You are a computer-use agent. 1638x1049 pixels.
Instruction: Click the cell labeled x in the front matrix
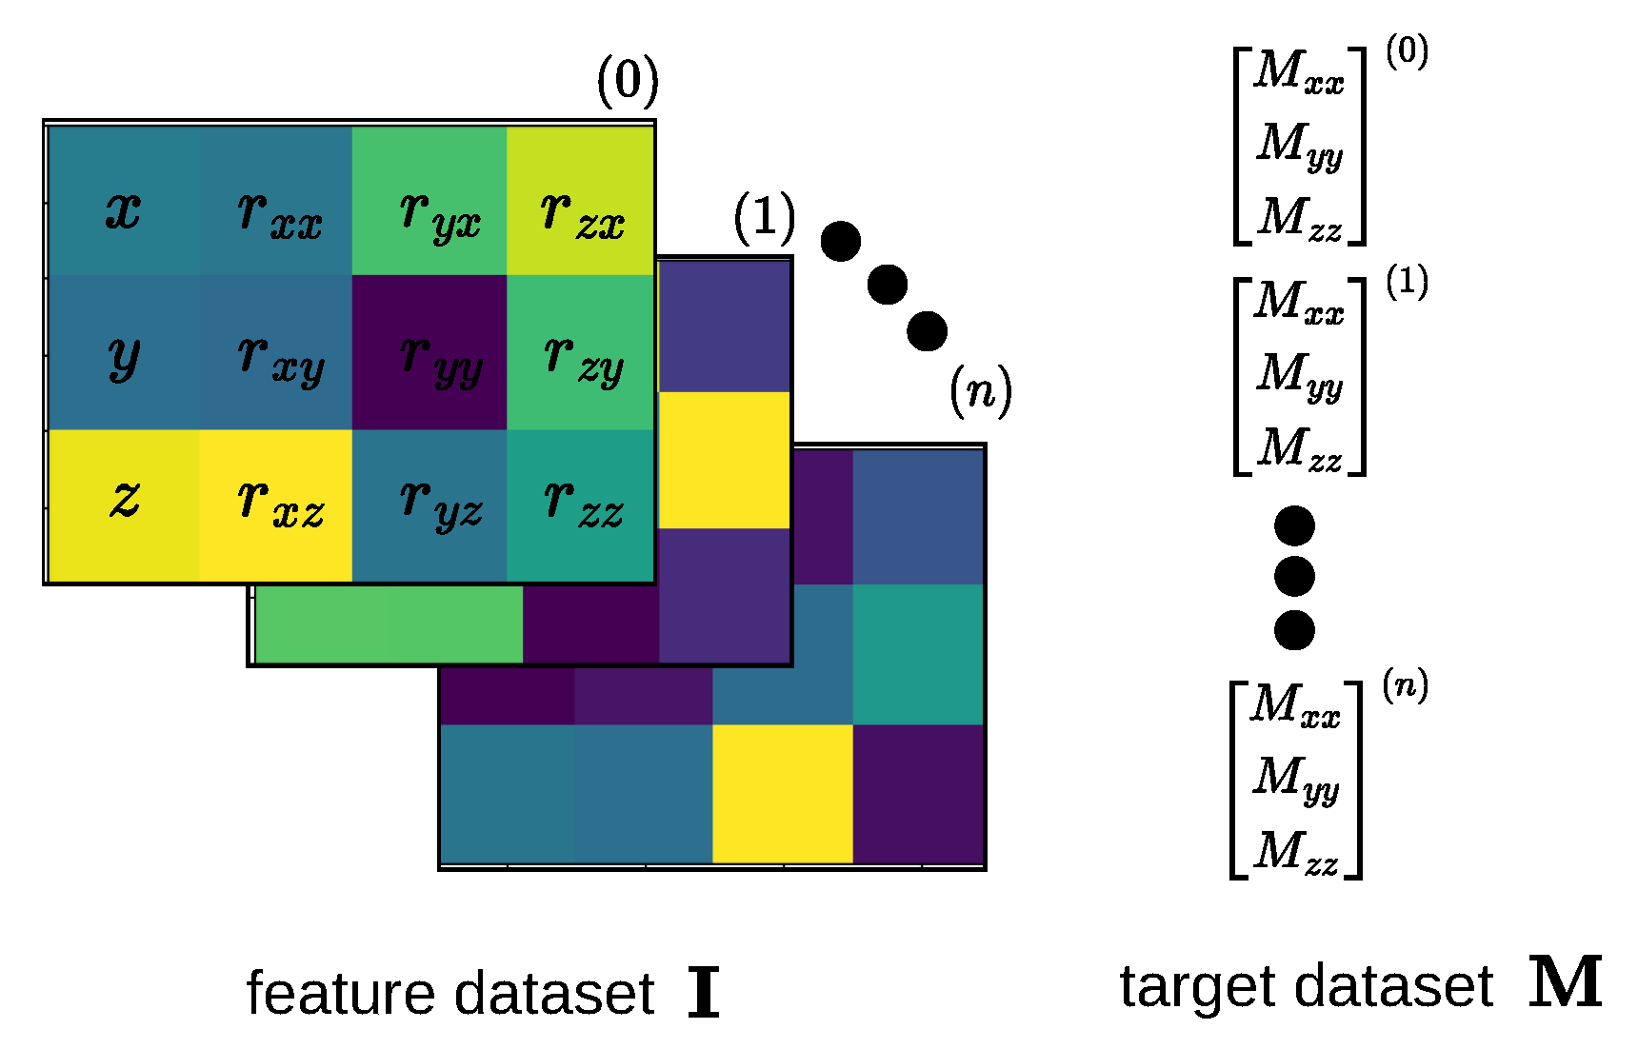pos(124,202)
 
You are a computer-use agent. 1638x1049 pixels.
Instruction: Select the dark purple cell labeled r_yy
pos(429,353)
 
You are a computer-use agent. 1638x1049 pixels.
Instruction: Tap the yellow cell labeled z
pos(124,505)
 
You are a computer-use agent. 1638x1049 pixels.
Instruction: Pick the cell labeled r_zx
pos(580,202)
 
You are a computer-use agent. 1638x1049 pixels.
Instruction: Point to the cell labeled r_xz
pos(276,505)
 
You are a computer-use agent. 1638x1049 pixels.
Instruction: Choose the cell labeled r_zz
pos(580,505)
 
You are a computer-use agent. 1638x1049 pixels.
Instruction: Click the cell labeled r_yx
pos(429,202)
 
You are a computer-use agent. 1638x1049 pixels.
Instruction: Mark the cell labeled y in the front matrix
pos(124,353)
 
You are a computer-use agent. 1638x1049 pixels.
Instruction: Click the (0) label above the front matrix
pos(628,81)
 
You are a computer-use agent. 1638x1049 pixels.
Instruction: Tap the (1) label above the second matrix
pos(764,218)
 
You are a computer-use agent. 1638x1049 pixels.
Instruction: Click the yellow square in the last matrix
pos(782,793)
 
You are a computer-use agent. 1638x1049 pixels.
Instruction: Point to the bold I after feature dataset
pos(703,992)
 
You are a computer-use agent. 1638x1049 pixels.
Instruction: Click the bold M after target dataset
pos(1565,983)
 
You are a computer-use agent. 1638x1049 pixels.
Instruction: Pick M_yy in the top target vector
pos(1299,146)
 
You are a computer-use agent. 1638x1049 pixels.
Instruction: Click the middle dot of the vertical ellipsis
pos(1294,576)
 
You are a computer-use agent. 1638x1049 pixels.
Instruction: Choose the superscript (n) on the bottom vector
pos(1405,684)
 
